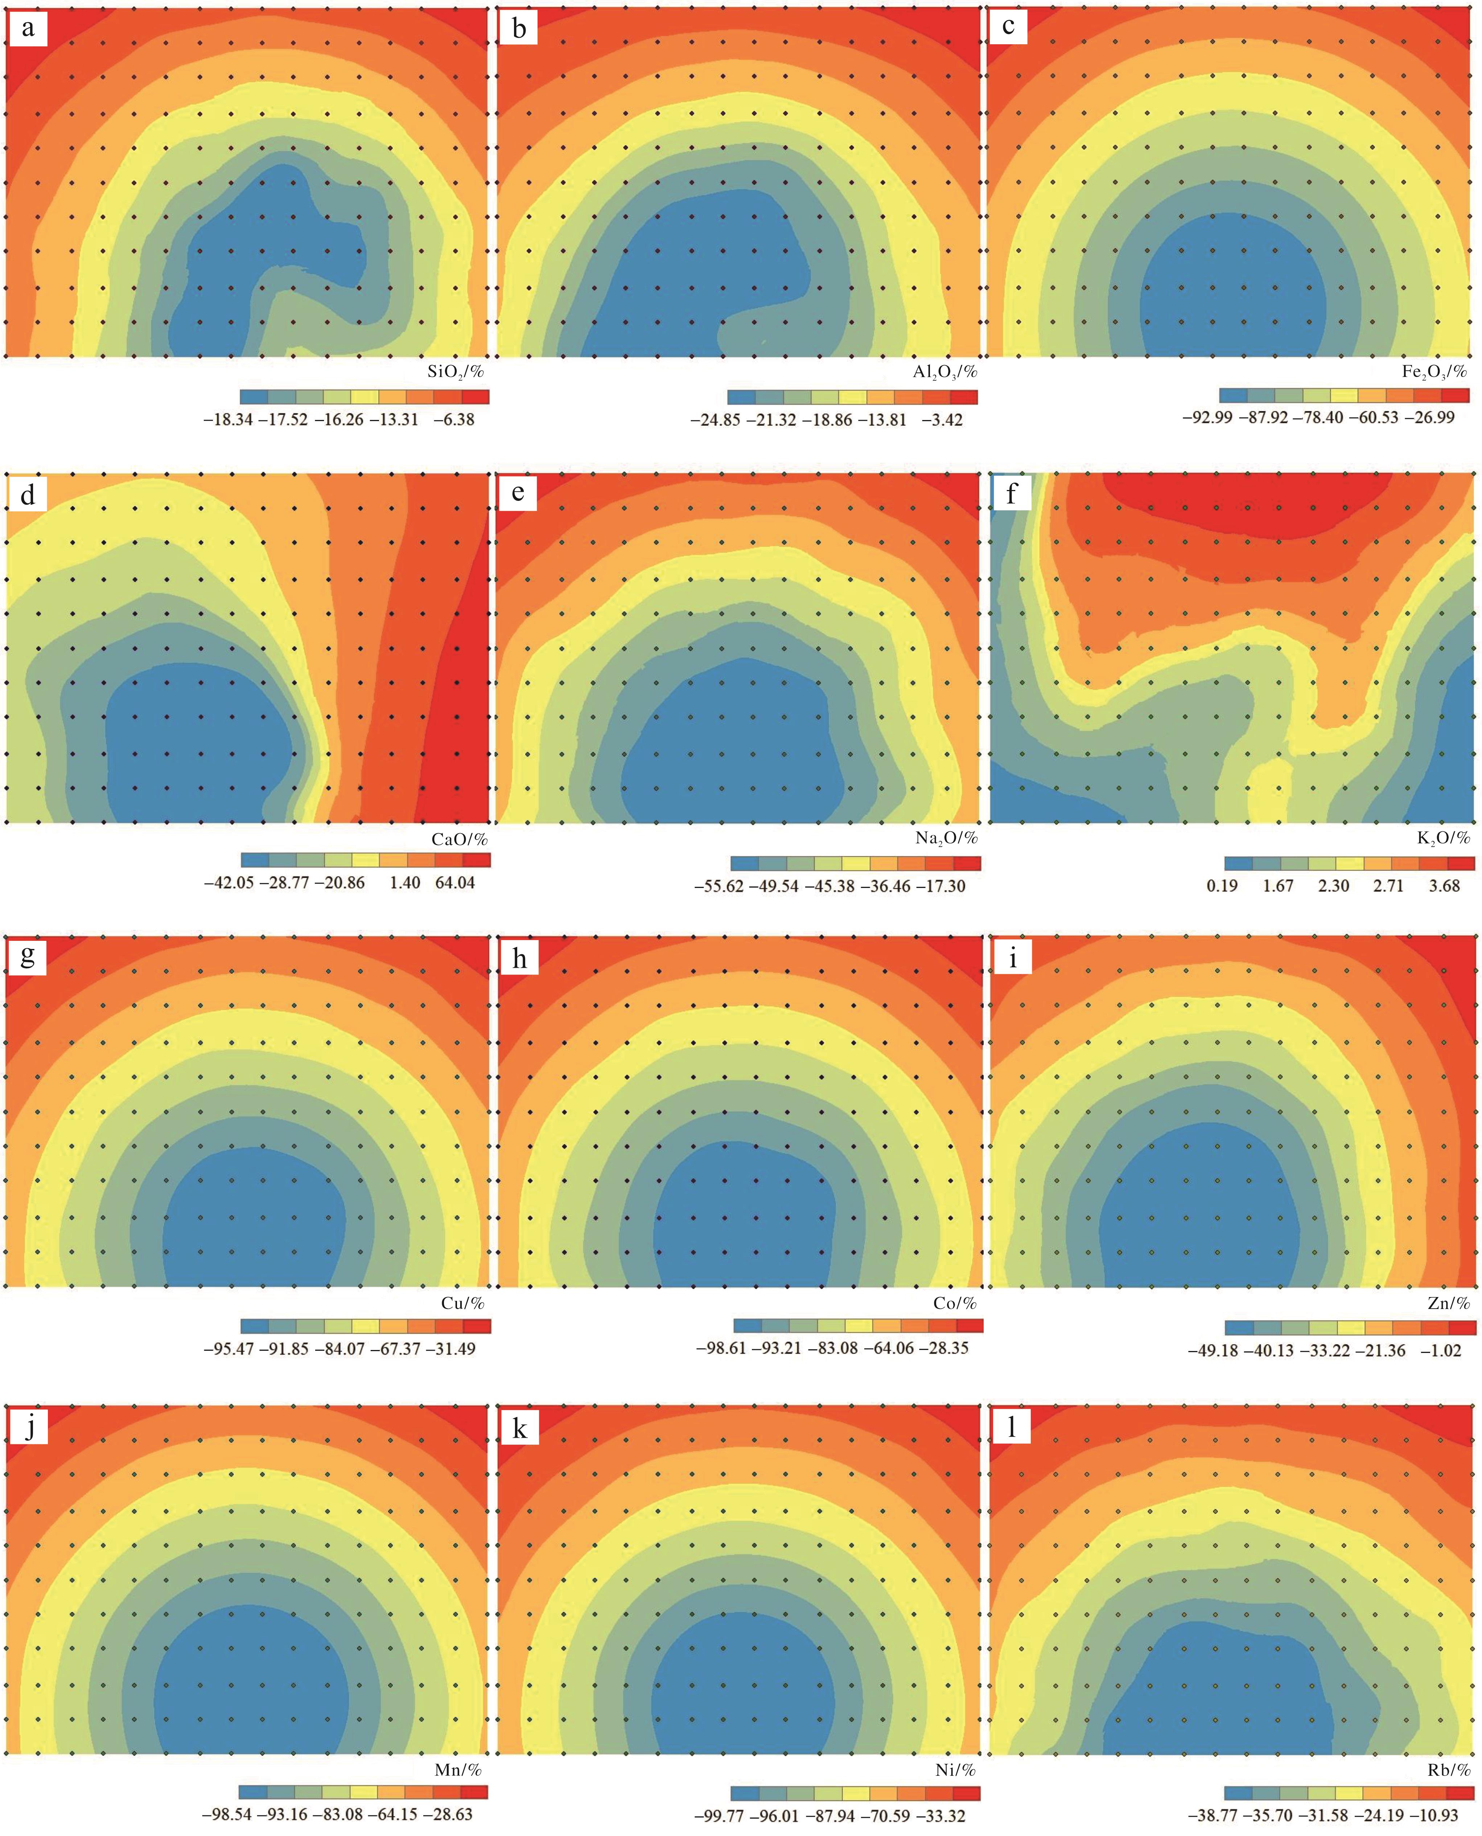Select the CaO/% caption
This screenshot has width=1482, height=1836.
[x=459, y=839]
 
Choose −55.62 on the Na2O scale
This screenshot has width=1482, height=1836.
[x=719, y=886]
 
